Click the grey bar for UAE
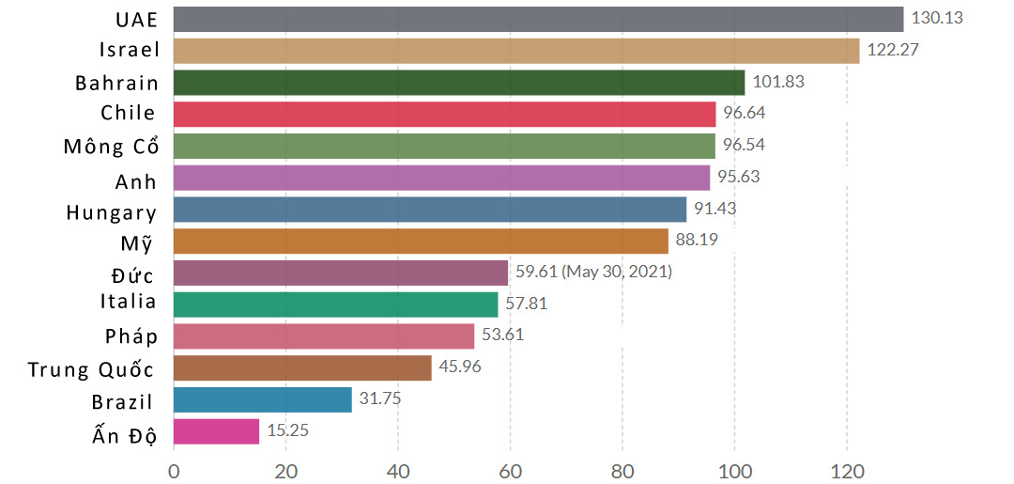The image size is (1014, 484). [x=538, y=19]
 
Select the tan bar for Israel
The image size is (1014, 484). [x=516, y=51]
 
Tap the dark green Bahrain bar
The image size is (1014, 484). [x=459, y=83]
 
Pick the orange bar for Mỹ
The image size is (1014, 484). [x=421, y=242]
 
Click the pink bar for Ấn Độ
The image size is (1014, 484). [x=216, y=431]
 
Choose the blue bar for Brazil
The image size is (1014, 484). [x=263, y=399]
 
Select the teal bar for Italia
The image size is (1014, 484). [x=335, y=304]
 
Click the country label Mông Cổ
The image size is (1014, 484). [x=111, y=147]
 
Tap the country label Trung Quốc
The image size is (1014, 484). [x=91, y=368]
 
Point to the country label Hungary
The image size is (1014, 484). [x=111, y=211]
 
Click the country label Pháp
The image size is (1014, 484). [x=131, y=336]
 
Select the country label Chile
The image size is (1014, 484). [x=129, y=114]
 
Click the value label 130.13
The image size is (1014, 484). [x=938, y=19]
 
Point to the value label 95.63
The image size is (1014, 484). [x=739, y=177]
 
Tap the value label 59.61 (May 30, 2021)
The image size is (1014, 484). [x=593, y=273]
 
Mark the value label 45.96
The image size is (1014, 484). [x=460, y=367]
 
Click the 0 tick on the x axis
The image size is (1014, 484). [x=174, y=468]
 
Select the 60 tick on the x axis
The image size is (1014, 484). [x=510, y=468]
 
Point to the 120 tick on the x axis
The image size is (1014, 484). [x=846, y=468]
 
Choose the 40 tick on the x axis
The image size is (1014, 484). [x=398, y=468]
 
